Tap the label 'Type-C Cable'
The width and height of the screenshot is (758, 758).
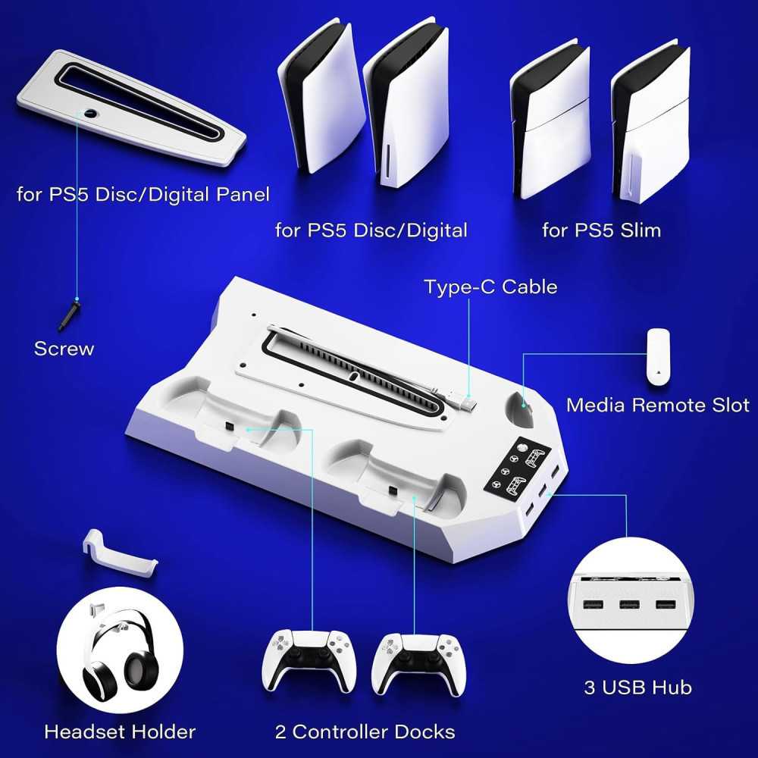[490, 287]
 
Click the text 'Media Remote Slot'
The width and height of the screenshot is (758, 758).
[657, 405]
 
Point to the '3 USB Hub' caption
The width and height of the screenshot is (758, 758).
[637, 688]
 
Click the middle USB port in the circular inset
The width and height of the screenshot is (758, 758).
[628, 606]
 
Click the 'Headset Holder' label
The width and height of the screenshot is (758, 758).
[120, 731]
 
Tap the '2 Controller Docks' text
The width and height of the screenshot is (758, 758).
[365, 731]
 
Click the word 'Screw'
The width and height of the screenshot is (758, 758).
[64, 349]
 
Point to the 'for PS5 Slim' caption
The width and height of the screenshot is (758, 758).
[601, 230]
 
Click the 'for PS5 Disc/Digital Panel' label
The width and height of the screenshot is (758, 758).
[143, 195]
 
